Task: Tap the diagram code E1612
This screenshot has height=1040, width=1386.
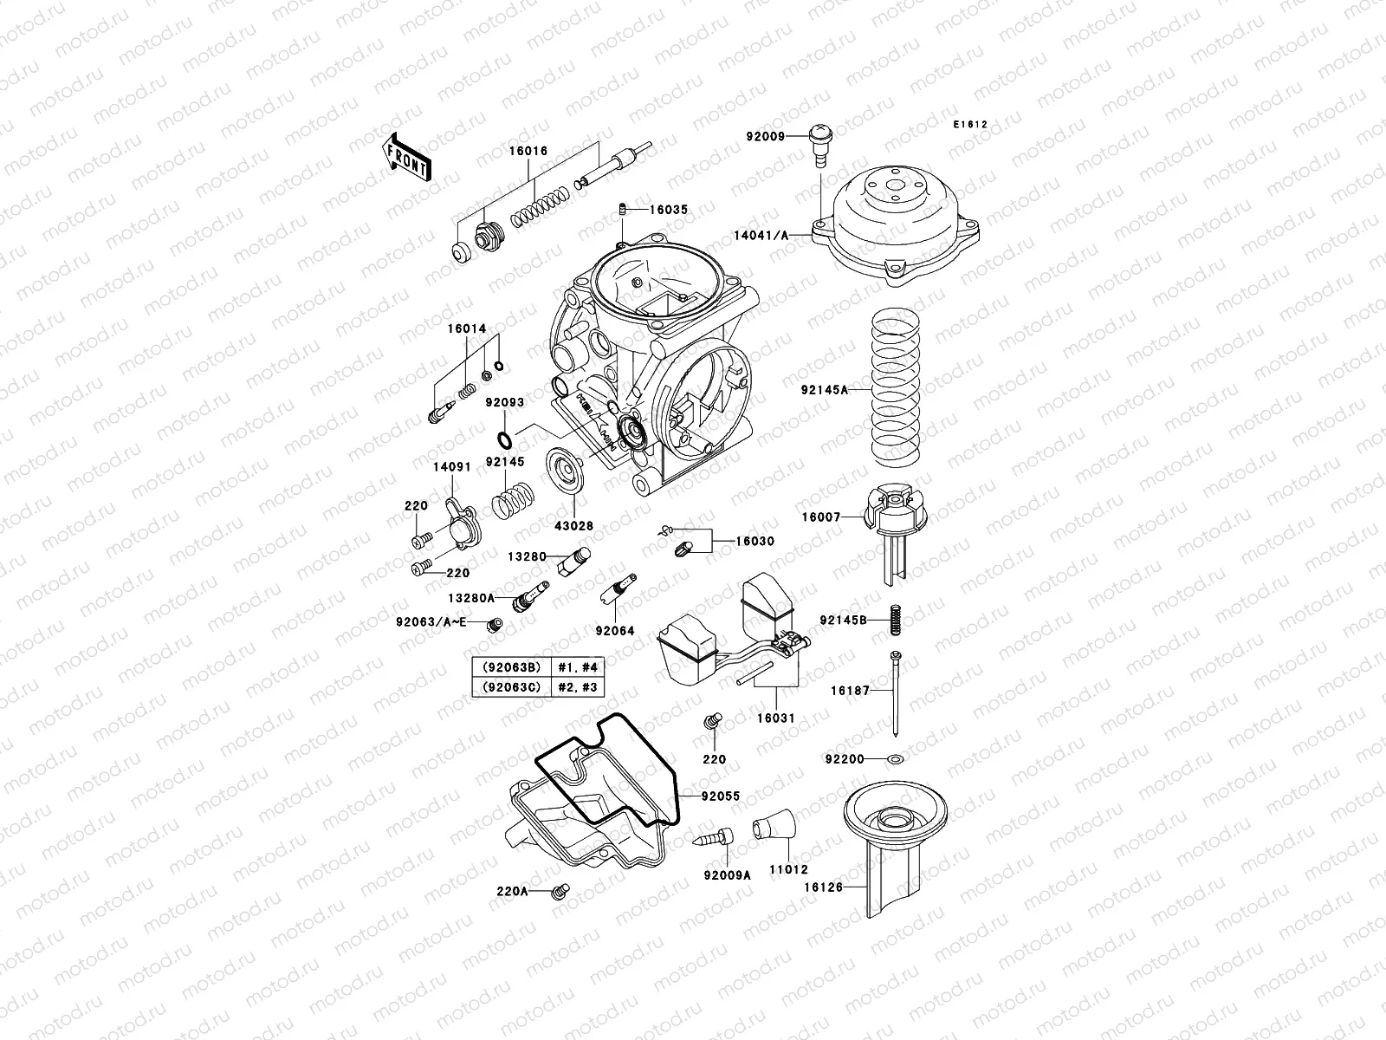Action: (971, 125)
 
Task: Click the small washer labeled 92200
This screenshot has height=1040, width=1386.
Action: (897, 760)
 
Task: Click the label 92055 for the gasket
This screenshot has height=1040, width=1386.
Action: (721, 795)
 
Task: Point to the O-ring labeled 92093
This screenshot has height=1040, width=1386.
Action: (503, 434)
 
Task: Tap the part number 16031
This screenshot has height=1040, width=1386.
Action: (775, 718)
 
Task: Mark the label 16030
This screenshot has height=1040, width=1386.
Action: (755, 541)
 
